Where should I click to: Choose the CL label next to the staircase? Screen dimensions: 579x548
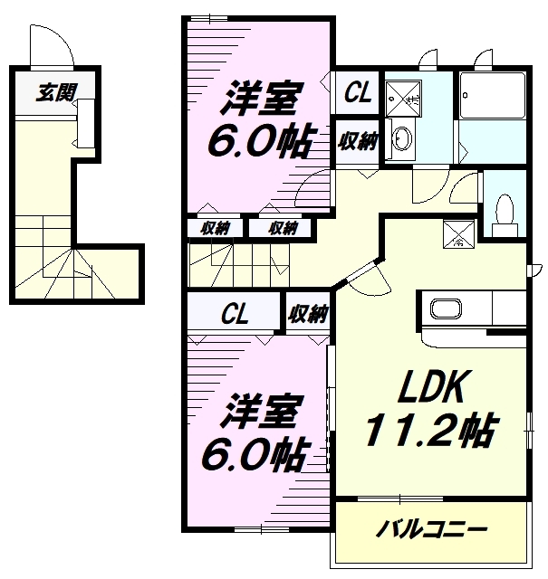236,314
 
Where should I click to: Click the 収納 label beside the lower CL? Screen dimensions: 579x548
308,314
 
